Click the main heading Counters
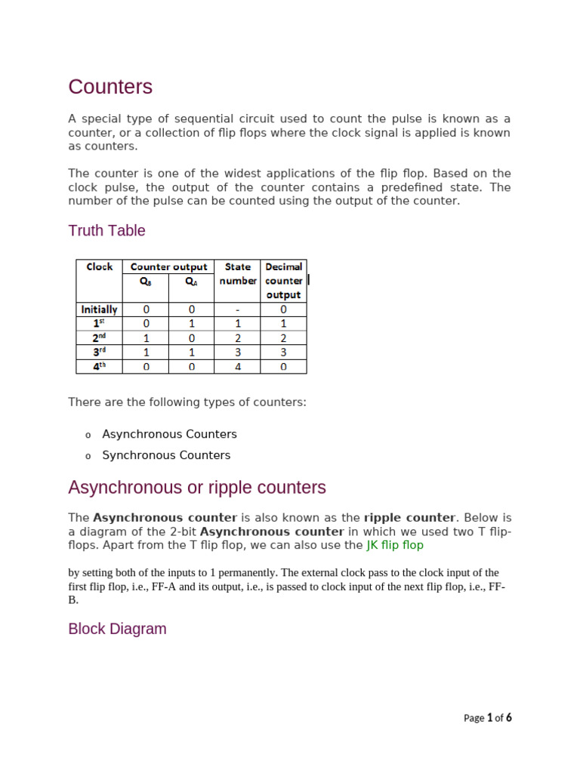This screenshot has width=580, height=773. click(110, 87)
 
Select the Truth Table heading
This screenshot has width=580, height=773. click(106, 230)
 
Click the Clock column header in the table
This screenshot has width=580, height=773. click(100, 266)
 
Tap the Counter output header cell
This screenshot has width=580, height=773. click(168, 266)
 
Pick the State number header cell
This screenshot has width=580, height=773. click(237, 273)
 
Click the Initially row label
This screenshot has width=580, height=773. click(100, 309)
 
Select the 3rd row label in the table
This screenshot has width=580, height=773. click(100, 352)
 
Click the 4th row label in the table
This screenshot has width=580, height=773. click(100, 366)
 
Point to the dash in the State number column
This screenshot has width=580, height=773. click(237, 309)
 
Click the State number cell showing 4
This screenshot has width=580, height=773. click(237, 366)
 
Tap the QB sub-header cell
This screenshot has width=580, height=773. click(146, 281)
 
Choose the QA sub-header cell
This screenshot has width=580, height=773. click(191, 281)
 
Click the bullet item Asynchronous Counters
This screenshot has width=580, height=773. click(169, 434)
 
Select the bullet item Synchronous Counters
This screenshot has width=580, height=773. click(166, 455)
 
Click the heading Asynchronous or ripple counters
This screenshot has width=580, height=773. click(197, 488)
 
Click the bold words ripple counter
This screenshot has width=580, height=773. click(409, 518)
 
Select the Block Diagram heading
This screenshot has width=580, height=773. click(117, 629)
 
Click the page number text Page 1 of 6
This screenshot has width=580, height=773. click(487, 718)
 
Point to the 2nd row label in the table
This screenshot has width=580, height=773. click(100, 337)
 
